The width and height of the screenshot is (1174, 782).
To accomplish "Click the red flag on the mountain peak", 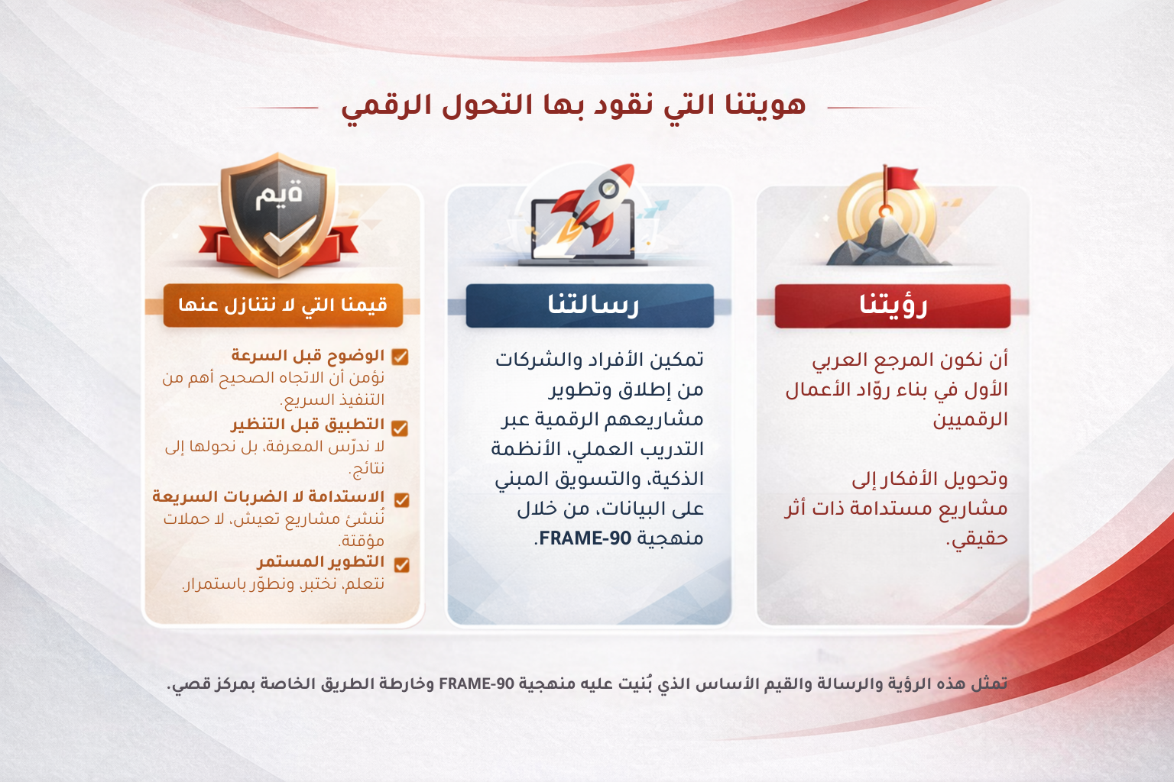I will click(x=901, y=179).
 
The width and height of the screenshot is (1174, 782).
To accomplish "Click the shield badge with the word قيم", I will click(x=279, y=214).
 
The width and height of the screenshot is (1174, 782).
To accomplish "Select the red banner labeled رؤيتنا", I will click(x=892, y=305).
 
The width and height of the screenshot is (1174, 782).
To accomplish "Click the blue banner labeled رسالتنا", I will click(x=589, y=305).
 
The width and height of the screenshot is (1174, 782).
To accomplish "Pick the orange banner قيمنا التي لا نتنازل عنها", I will click(x=282, y=305).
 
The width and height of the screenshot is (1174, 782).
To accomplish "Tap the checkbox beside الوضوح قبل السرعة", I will click(x=400, y=357).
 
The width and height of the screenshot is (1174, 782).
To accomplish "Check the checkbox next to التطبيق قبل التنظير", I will click(x=400, y=428).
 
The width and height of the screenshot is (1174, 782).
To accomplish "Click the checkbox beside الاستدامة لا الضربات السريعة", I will click(x=401, y=499).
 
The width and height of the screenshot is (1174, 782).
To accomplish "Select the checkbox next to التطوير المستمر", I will click(x=401, y=564).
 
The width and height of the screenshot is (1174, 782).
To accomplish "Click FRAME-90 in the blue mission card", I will click(x=585, y=538).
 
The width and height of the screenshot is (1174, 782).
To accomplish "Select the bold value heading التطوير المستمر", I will click(x=320, y=562).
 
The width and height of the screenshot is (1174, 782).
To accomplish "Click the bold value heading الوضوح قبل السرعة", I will click(x=307, y=356).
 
